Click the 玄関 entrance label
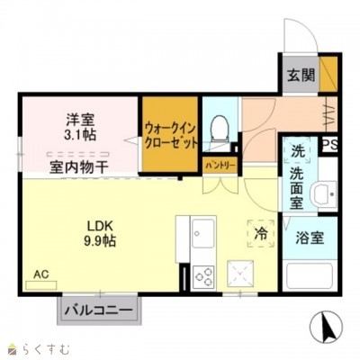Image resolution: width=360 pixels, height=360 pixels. [x=301, y=76]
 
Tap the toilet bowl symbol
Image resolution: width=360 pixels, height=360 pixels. [x=220, y=129]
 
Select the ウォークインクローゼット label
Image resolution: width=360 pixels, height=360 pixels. [x=171, y=136]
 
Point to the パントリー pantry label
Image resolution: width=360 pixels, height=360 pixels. [x=220, y=166]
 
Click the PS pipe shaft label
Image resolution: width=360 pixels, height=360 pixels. [x=330, y=145]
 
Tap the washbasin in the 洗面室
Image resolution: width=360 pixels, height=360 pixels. [x=325, y=194]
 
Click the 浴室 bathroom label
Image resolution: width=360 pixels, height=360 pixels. [x=310, y=238]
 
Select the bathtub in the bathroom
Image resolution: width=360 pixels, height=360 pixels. [x=309, y=276]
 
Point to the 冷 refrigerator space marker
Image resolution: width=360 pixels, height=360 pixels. [x=261, y=233]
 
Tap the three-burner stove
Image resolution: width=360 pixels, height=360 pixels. [x=203, y=276]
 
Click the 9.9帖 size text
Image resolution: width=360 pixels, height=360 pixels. [x=100, y=240]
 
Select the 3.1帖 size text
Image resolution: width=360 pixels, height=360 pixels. [x=80, y=135]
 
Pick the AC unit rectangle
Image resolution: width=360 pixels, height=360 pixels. [x=41, y=285]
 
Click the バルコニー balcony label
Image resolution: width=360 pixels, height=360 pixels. [x=99, y=310]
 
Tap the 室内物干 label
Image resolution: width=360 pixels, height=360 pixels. [x=78, y=166]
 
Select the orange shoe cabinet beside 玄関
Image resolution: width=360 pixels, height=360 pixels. [x=328, y=74]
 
